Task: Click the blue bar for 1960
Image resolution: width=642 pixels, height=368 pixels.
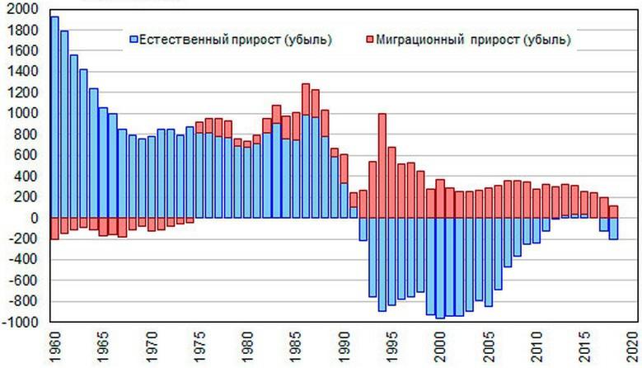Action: pyautogui.click(x=54, y=116)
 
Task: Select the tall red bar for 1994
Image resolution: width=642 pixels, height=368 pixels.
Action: pyautogui.click(x=382, y=165)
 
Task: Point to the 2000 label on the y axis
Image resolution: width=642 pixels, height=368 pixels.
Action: pyautogui.click(x=21, y=9)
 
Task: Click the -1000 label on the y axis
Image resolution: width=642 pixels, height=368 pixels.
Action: pyautogui.click(x=20, y=322)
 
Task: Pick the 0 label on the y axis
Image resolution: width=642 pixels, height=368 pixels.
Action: pyautogui.click(x=34, y=218)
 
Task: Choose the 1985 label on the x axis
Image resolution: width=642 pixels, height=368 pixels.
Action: pyautogui.click(x=295, y=347)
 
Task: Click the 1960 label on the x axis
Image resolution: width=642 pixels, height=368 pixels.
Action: pyautogui.click(x=54, y=347)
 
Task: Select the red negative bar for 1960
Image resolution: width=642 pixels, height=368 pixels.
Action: pyautogui.click(x=54, y=229)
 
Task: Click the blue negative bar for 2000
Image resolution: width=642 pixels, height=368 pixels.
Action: pyautogui.click(x=439, y=267)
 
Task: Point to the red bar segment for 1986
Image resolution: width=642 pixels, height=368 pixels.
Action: pyautogui.click(x=305, y=99)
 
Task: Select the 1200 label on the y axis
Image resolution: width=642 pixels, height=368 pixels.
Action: pyautogui.click(x=21, y=92)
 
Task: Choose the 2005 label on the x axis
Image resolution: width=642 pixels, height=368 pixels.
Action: pyautogui.click(x=488, y=347)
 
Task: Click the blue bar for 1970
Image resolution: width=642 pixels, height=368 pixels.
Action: pyautogui.click(x=151, y=177)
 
